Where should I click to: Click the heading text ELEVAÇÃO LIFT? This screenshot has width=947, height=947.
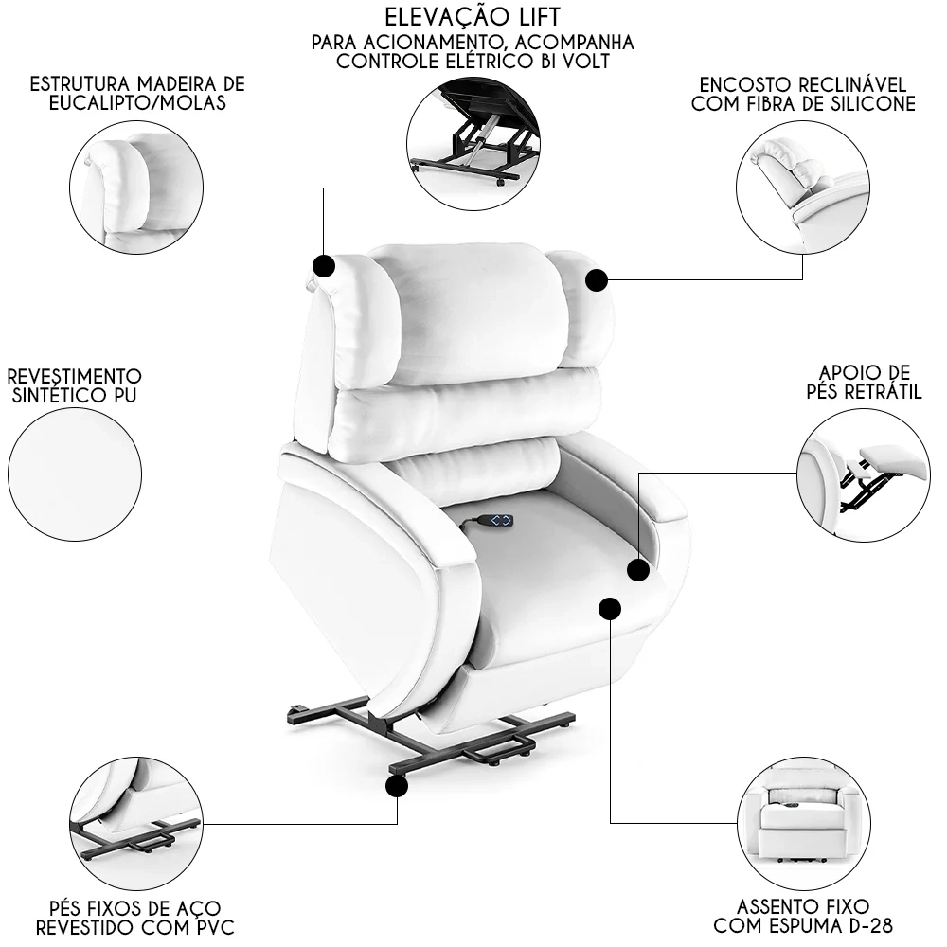(x=473, y=17)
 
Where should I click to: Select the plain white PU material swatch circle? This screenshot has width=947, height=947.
(x=75, y=473)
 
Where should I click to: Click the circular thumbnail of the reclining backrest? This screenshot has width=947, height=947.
(x=802, y=181)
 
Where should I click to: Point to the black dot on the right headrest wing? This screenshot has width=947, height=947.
(x=596, y=280)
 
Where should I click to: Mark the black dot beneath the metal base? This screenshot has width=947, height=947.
(x=396, y=785)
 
